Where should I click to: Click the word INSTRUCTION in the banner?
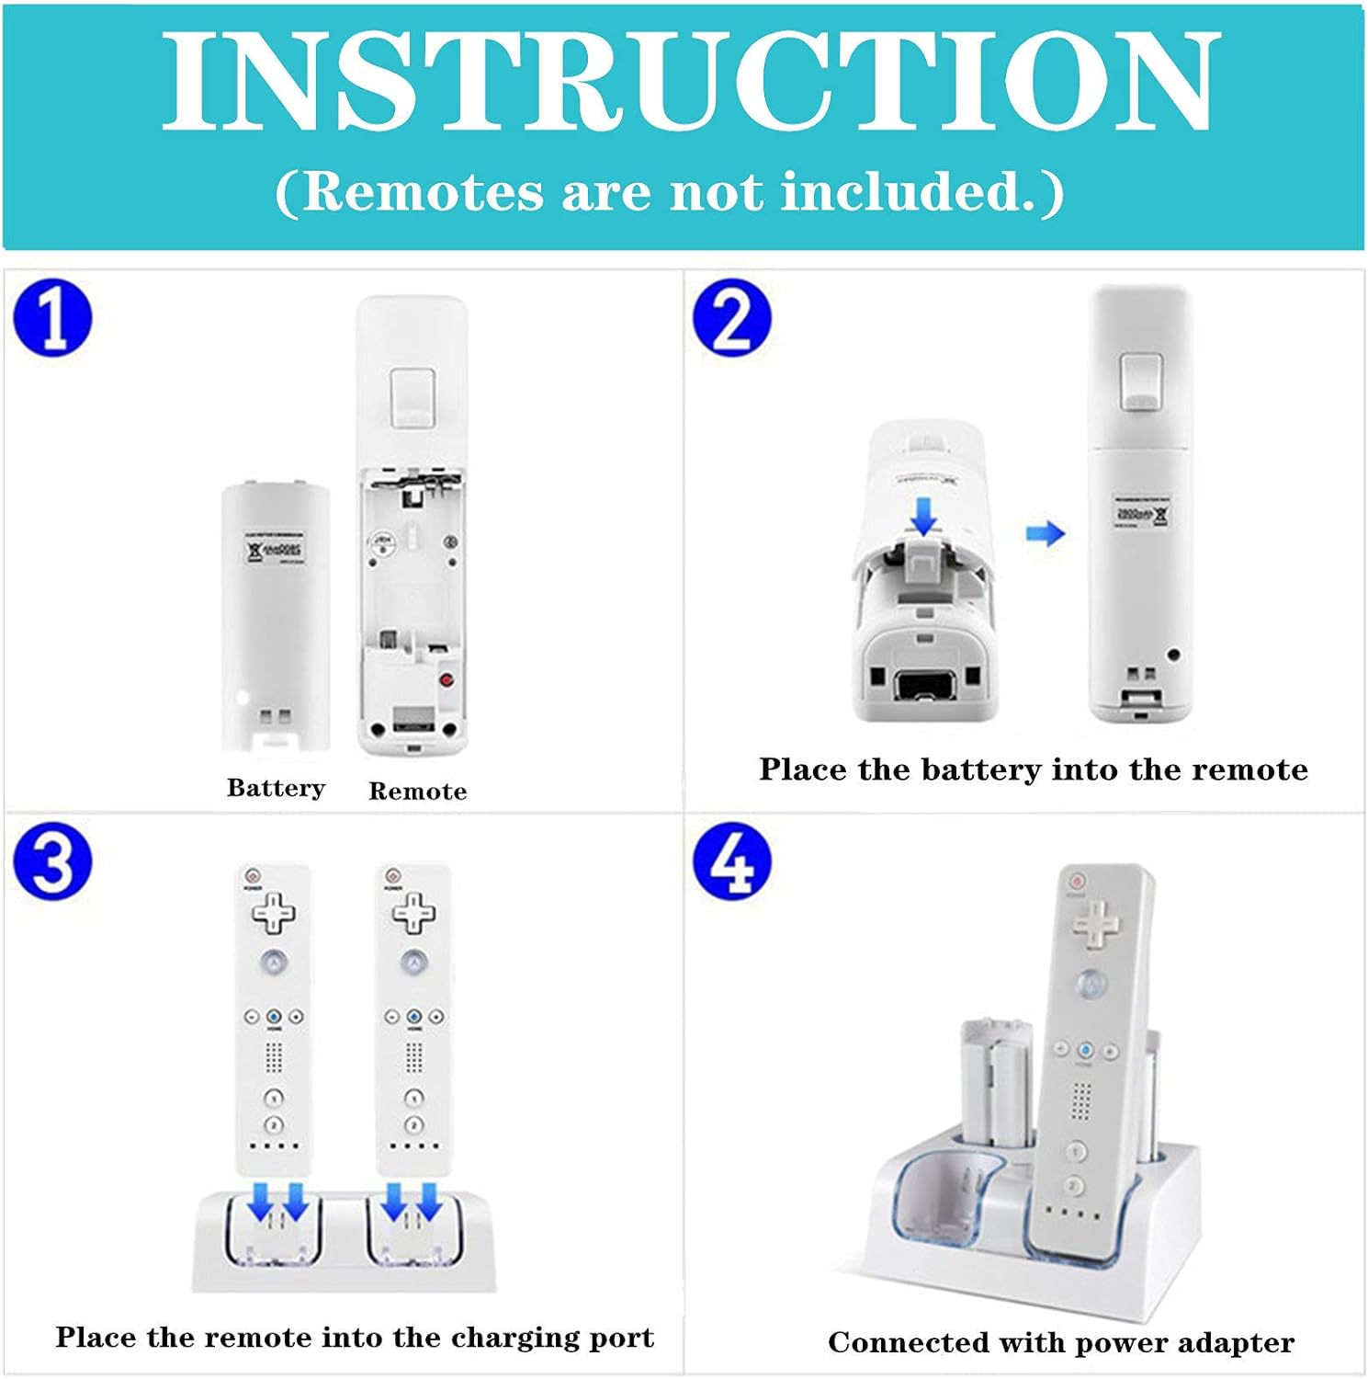tap(690, 84)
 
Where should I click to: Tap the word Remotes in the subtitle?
tap(423, 192)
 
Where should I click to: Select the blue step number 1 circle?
tap(52, 319)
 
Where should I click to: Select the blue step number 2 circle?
tap(731, 319)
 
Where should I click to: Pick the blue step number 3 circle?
tap(52, 861)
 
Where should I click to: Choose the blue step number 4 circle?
tap(731, 861)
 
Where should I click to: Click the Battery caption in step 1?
tap(276, 789)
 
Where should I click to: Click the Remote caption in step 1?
tap(417, 792)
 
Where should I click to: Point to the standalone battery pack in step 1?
tap(275, 616)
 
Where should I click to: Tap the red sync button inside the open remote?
tap(447, 680)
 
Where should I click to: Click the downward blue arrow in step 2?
tap(922, 516)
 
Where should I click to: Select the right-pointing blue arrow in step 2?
tap(1045, 533)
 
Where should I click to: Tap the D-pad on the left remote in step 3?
tap(274, 913)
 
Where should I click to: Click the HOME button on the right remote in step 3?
tap(414, 1017)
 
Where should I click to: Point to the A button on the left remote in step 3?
tap(274, 963)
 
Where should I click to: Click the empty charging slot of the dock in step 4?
tap(946, 1200)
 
